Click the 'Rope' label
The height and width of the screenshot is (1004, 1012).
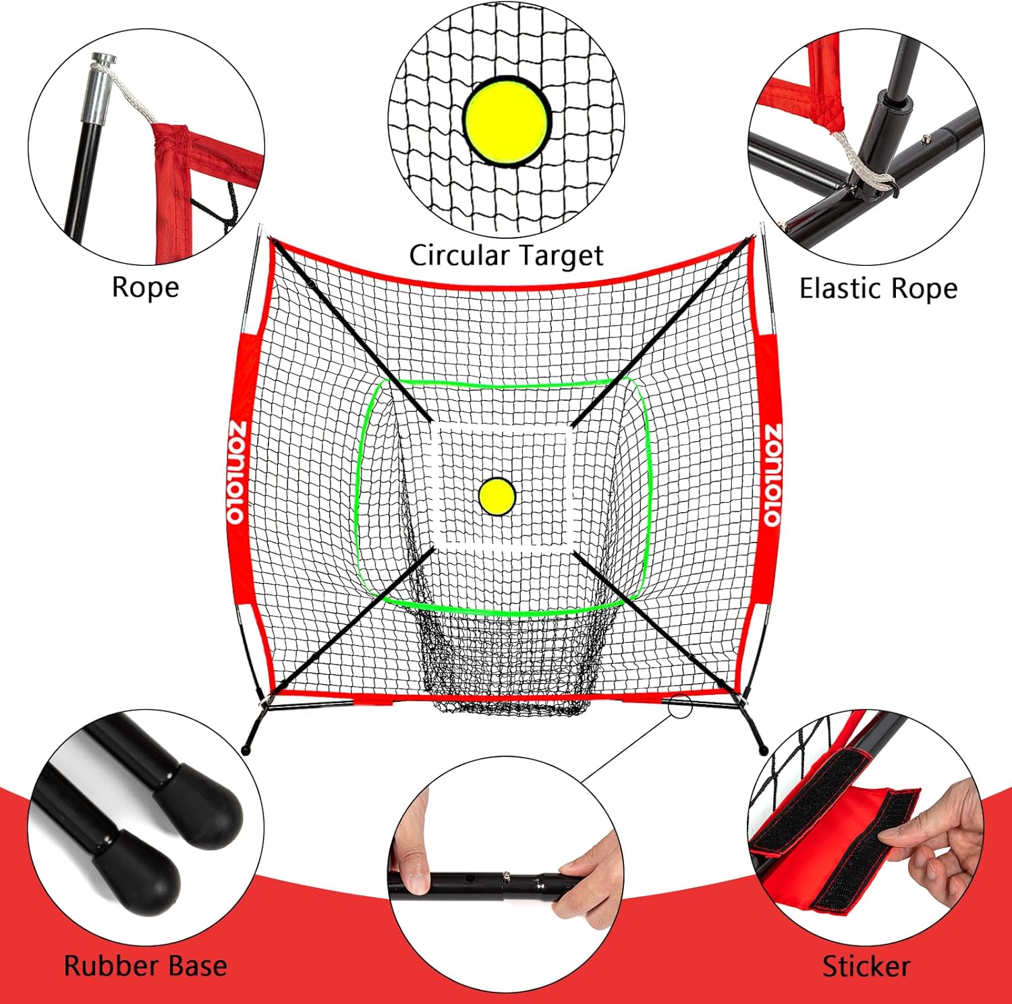click(145, 287)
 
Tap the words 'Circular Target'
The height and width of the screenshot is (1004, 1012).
click(506, 256)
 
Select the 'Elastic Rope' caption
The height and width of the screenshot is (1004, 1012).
click(878, 289)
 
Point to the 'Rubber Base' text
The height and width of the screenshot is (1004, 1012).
click(145, 966)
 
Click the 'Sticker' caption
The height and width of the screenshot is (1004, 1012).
click(866, 967)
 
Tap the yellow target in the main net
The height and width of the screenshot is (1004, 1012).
click(497, 497)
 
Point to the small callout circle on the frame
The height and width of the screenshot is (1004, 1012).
click(681, 706)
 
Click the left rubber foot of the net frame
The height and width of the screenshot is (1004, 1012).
click(246, 750)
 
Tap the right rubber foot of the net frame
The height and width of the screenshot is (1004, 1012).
click(763, 750)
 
